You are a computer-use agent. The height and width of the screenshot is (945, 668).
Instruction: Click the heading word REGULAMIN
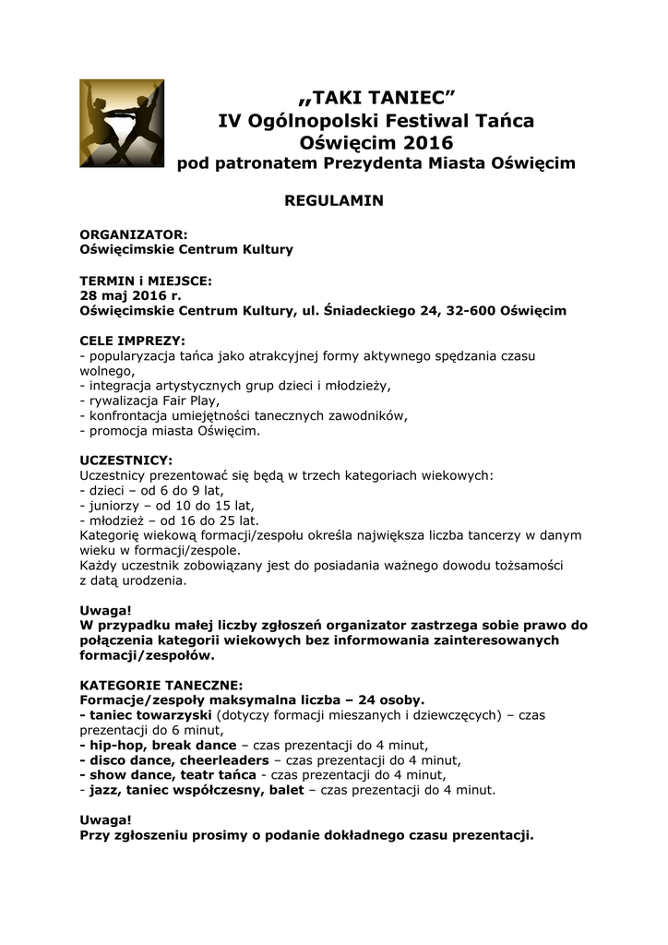333,200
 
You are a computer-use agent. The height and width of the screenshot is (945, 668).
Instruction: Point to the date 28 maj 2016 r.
131,295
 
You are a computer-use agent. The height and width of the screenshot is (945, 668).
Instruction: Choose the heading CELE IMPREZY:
133,341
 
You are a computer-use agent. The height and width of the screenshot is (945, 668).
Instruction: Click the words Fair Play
188,401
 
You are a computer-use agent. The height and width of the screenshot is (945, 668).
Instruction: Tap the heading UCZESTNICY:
125,461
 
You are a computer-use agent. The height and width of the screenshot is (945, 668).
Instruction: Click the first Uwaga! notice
105,611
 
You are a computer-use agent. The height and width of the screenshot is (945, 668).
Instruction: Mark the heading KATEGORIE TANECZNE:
161,686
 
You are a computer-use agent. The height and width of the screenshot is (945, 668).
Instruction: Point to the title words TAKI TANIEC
376,98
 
